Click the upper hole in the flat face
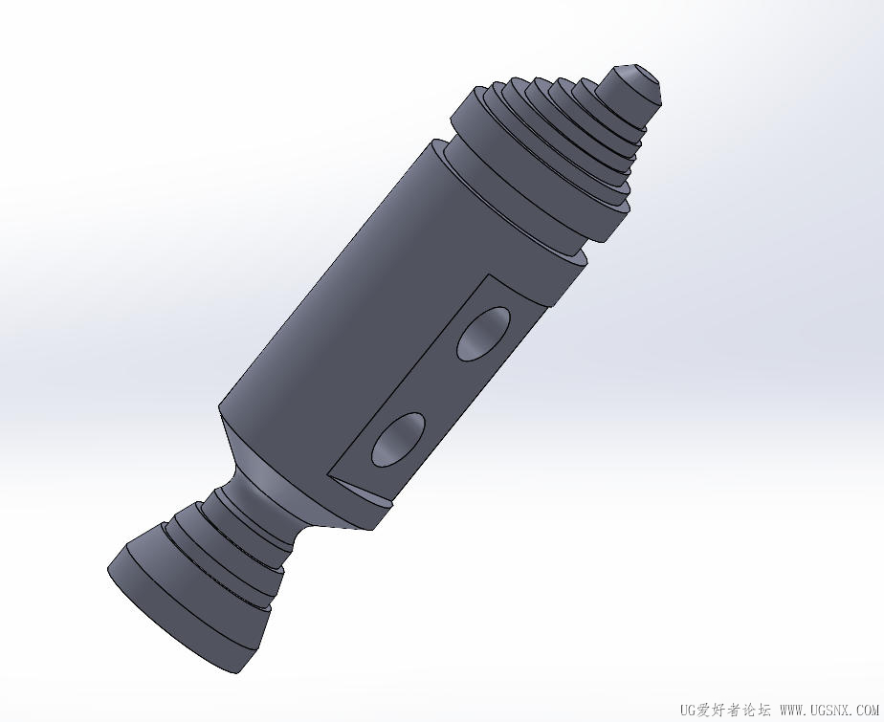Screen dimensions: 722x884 [483, 334]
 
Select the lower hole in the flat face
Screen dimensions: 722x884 [398, 439]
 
